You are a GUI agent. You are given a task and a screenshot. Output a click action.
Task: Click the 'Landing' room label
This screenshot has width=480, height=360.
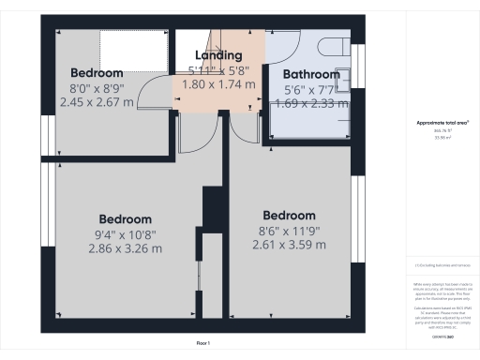click(217, 55)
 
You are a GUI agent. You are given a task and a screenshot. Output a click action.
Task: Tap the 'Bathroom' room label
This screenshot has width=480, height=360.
click(311, 74)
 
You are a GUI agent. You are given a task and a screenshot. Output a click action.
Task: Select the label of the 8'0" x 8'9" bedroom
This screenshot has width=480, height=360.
click(97, 72)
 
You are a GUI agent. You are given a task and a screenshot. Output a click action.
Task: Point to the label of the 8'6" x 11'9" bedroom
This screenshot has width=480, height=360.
click(289, 215)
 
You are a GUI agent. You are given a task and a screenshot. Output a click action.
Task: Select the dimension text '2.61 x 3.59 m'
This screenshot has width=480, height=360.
click(289, 245)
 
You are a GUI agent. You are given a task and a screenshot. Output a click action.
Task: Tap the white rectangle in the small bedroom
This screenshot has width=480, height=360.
click(134, 46)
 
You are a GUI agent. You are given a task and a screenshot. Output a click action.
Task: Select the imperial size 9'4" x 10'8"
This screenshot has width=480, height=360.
click(125, 234)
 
